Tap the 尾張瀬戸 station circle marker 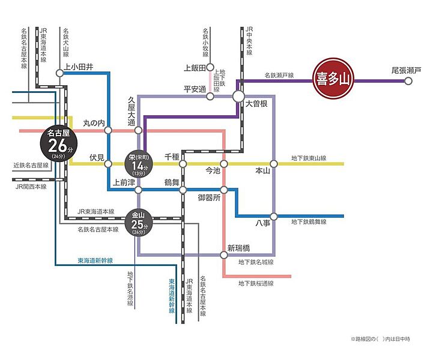408,81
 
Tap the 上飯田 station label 195,67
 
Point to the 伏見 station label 97,157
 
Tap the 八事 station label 263,223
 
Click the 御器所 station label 209,197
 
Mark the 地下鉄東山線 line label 309,158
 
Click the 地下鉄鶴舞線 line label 309,222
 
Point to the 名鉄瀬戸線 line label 279,76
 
